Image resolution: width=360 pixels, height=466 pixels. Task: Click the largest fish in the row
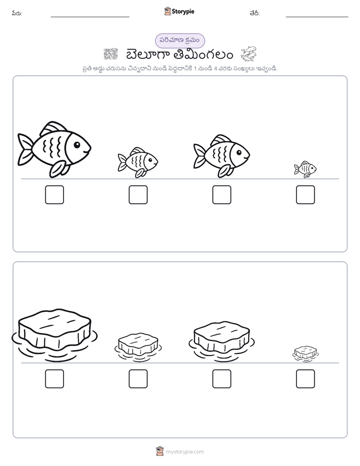(x=54, y=149)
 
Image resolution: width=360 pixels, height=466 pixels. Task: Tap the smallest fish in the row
(x=306, y=169)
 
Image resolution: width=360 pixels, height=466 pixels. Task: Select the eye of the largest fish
(x=77, y=145)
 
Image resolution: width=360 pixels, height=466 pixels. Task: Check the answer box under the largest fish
(x=54, y=195)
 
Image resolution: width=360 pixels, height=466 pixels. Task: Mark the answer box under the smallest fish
(x=306, y=195)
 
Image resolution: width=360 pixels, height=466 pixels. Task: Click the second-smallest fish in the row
(x=138, y=162)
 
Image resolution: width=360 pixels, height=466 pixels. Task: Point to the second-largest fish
(x=221, y=156)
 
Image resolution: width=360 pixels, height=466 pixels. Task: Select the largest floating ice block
(x=54, y=335)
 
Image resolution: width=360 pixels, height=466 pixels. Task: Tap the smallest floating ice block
(x=306, y=354)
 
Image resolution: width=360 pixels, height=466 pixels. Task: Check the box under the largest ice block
(x=54, y=379)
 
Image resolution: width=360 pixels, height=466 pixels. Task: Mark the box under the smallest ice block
(x=306, y=379)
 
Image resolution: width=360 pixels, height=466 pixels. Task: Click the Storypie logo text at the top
(x=183, y=12)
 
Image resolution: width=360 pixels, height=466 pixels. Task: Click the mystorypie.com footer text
(x=185, y=452)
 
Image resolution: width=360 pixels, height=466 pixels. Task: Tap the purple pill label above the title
(x=180, y=41)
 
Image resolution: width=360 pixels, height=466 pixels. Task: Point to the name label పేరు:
(x=17, y=13)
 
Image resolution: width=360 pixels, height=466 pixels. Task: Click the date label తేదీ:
(x=255, y=13)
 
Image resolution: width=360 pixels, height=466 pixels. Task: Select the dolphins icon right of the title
(x=249, y=54)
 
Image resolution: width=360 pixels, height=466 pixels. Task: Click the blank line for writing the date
(x=317, y=17)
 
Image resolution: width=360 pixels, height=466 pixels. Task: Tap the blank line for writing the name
(x=90, y=17)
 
